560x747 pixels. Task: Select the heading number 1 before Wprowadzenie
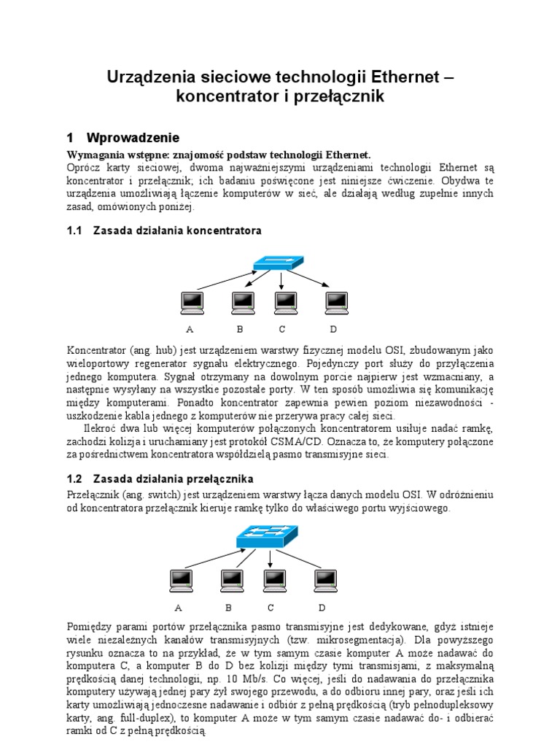tap(71, 138)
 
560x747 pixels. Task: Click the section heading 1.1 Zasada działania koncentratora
tap(163, 230)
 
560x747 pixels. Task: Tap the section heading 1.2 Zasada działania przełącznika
tap(160, 479)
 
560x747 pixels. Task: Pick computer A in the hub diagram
tap(192, 302)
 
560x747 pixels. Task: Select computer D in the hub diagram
tap(335, 302)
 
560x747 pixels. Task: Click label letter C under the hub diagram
tap(282, 328)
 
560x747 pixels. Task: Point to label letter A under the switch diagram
tap(178, 607)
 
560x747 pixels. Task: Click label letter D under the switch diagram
tap(322, 607)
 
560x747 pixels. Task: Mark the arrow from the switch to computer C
tap(271, 558)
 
